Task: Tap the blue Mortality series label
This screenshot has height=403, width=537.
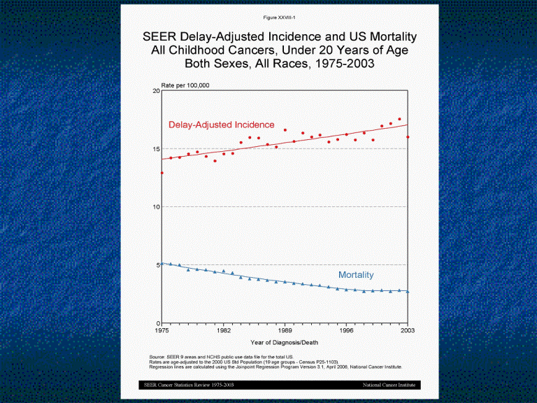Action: [356, 275]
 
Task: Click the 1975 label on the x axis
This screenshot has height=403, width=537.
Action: [162, 330]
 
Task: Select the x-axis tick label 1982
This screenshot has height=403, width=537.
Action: [224, 330]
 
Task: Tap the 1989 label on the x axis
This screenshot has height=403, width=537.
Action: [285, 330]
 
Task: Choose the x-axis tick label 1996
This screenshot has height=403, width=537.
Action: [347, 330]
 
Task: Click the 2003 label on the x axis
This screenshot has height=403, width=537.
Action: [408, 330]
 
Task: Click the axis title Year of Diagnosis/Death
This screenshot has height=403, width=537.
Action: [285, 342]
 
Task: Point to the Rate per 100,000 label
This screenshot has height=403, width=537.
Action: [185, 85]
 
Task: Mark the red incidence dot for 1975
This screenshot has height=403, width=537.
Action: [162, 173]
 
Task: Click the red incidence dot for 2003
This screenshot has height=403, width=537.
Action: [408, 137]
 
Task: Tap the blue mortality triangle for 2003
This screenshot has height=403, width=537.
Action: [408, 292]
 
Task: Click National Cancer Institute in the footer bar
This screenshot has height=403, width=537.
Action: [389, 386]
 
